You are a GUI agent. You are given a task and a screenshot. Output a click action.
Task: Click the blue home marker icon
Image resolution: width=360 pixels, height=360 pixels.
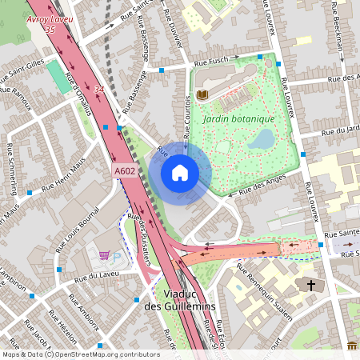pyautogui.click(x=180, y=173)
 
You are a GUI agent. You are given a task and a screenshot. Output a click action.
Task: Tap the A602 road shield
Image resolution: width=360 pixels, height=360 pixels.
pyautogui.click(x=124, y=170)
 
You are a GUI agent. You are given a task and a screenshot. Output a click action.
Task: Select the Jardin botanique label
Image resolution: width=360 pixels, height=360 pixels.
pyautogui.click(x=238, y=118)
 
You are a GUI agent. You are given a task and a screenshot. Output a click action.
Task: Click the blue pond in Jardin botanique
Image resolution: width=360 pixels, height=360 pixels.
pyautogui.click(x=260, y=141)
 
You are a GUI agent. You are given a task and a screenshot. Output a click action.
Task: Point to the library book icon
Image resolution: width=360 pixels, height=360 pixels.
pyautogui.click(x=202, y=95)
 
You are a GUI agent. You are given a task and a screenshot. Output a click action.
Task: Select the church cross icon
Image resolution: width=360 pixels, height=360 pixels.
pyautogui.click(x=310, y=285)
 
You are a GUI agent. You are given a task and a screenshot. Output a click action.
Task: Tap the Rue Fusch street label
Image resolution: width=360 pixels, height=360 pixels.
pyautogui.click(x=211, y=62)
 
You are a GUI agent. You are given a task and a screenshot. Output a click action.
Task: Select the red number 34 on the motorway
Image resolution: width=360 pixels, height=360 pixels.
pyautogui.click(x=98, y=90)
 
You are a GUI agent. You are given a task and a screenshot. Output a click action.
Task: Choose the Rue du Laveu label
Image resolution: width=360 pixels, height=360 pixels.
pyautogui.click(x=95, y=278)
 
